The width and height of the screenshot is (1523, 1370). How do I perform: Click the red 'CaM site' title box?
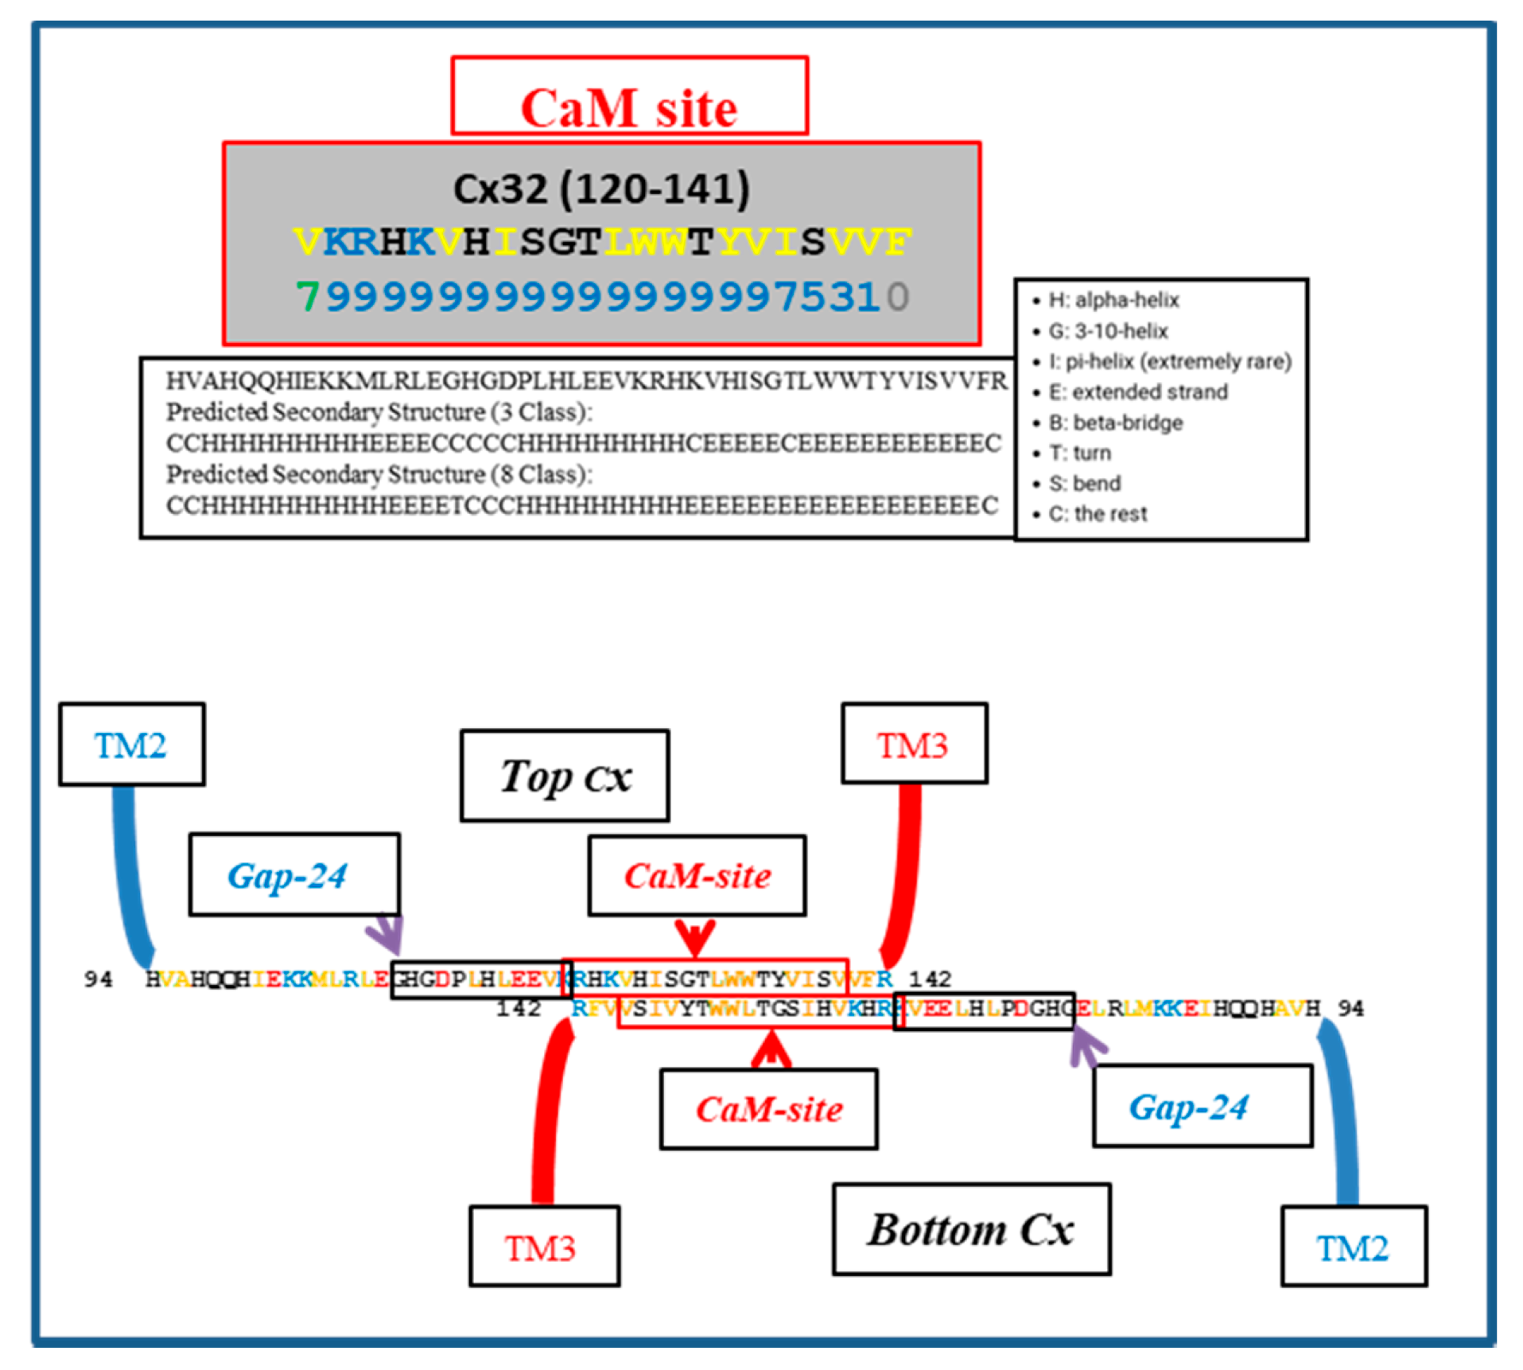click(629, 96)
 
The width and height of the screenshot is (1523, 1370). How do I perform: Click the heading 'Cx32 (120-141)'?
click(601, 189)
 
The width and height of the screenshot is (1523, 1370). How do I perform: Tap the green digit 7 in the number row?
click(307, 297)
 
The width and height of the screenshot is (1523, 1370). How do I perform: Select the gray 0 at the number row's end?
click(897, 297)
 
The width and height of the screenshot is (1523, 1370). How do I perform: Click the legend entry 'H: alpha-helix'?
click(1113, 300)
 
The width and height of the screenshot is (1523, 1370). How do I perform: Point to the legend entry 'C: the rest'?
click(1098, 514)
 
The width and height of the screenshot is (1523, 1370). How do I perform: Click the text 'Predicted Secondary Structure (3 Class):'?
click(379, 412)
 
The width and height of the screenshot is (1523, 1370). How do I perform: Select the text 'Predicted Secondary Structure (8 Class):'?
click(379, 474)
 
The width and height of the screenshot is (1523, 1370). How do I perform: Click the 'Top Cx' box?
click(565, 776)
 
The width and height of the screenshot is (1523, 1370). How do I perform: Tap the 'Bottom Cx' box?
click(971, 1229)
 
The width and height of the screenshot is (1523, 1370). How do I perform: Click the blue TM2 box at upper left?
click(131, 745)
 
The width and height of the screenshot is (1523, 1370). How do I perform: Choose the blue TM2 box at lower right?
click(1353, 1247)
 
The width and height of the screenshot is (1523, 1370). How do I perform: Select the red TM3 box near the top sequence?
click(914, 744)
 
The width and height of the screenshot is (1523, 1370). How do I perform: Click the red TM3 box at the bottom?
click(544, 1247)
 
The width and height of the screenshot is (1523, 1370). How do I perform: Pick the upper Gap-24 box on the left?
click(293, 875)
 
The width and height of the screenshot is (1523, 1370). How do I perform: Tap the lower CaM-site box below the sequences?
click(768, 1109)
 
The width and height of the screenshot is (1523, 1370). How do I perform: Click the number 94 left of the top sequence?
click(99, 979)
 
